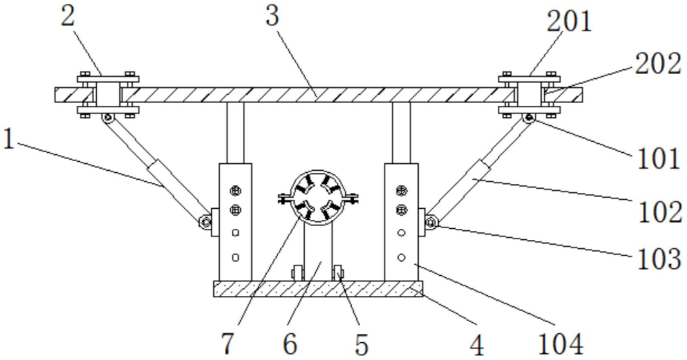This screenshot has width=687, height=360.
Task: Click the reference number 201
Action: pyautogui.click(x=569, y=21)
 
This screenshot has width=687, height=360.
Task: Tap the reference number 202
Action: pyautogui.click(x=658, y=63)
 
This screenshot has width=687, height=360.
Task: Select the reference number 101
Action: pyautogui.click(x=658, y=158)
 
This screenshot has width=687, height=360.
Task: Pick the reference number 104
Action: pyautogui.click(x=561, y=344)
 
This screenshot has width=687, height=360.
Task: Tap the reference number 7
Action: pyautogui.click(x=228, y=344)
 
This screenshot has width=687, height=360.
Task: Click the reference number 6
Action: pyautogui.click(x=290, y=344)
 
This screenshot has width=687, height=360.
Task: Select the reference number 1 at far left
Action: pyautogui.click(x=9, y=139)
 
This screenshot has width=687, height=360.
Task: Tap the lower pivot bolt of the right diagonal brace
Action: pyautogui.click(x=431, y=222)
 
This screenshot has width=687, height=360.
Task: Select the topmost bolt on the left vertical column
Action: pyautogui.click(x=235, y=191)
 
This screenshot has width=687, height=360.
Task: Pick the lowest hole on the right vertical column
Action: pyautogui.click(x=401, y=258)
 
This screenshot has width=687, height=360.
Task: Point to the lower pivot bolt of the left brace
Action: pyautogui.click(x=205, y=221)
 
